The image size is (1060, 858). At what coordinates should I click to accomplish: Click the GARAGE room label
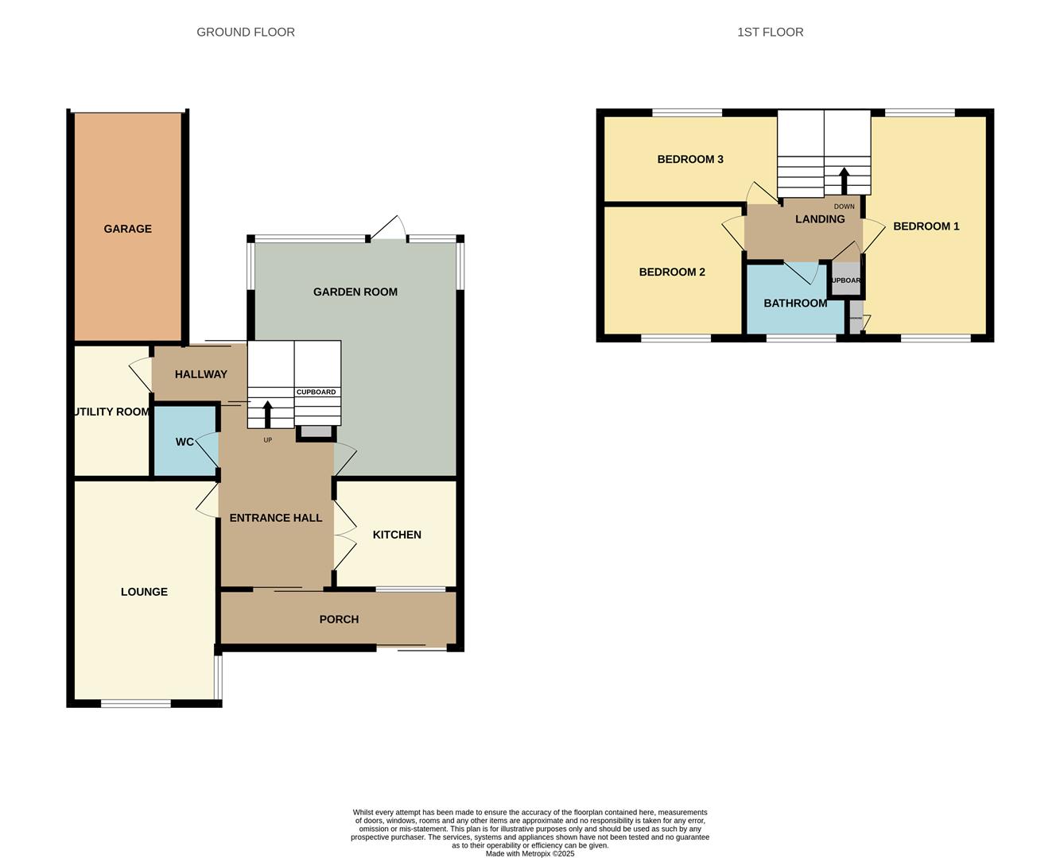point(127,229)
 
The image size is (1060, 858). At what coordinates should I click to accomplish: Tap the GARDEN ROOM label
point(355,292)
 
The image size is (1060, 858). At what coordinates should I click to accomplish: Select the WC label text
point(184,442)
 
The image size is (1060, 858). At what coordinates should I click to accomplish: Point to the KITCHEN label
point(397,535)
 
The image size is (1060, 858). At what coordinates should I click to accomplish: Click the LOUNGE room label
point(144,592)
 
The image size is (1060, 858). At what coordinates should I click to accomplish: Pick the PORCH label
point(339,619)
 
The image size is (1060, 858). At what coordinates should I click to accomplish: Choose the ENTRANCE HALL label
point(276,518)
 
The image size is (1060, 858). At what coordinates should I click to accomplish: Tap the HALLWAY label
point(201,374)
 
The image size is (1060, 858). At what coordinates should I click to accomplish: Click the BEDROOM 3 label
point(690,159)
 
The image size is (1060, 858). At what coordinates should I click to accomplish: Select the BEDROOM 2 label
point(672,272)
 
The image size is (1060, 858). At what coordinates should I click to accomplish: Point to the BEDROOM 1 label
point(926,226)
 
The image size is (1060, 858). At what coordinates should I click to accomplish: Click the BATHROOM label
point(795,303)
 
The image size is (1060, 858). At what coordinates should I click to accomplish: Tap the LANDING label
point(820,219)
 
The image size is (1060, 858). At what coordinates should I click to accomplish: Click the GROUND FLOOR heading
point(246,33)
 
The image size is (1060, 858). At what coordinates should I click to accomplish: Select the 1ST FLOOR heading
point(770,33)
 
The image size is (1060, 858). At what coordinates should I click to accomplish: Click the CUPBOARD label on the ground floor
point(316,392)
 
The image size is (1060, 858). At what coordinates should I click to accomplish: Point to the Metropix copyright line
point(530,854)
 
